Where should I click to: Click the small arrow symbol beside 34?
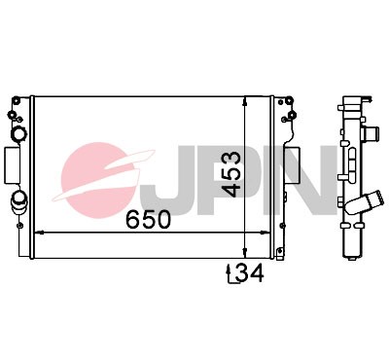pyautogui.click(x=230, y=275)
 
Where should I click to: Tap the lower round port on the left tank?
pyautogui.click(x=19, y=202)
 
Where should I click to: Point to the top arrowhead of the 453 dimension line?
pyautogui.click(x=243, y=99)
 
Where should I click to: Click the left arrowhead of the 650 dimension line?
pyautogui.click(x=38, y=234)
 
